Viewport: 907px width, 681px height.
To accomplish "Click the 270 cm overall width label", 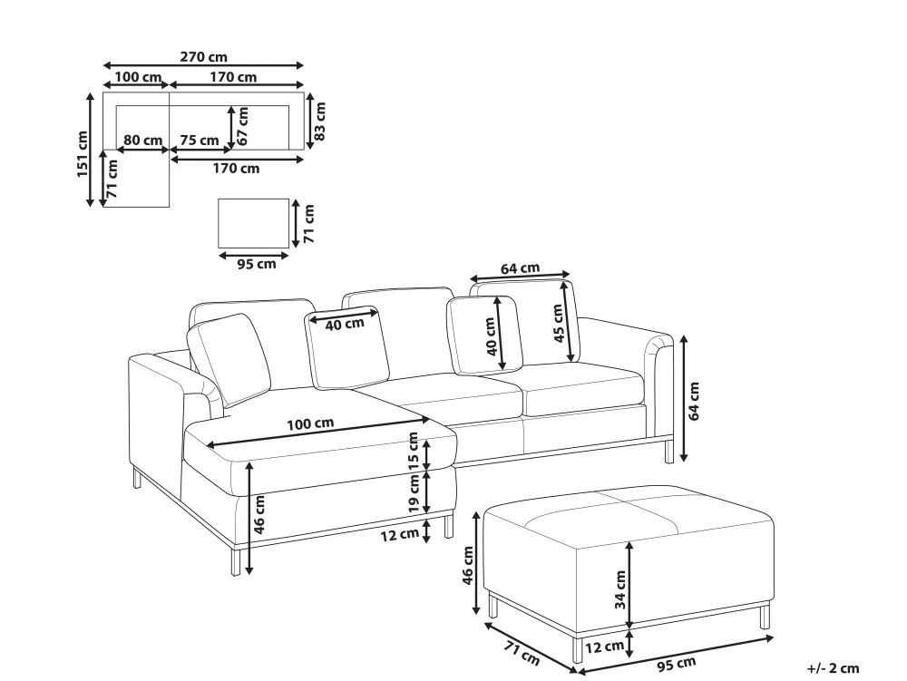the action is tap(203, 56).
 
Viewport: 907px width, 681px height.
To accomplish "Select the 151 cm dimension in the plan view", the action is tap(83, 154).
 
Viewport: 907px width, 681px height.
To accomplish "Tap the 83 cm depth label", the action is tap(320, 121).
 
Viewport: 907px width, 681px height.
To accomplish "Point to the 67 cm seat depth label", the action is tap(242, 126).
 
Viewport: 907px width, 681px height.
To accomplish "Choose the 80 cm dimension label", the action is tap(143, 140).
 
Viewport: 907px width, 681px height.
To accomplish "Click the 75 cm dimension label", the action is tap(200, 140).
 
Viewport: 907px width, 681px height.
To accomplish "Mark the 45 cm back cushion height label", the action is tap(558, 323).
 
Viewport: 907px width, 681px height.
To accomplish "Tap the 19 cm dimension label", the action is tap(413, 493).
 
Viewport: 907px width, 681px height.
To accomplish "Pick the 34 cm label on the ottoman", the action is tap(620, 589).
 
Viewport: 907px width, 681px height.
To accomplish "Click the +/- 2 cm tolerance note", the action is tap(833, 668).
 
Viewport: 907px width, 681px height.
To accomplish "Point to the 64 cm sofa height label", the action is tap(694, 401).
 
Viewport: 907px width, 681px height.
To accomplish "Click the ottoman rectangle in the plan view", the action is tap(253, 223).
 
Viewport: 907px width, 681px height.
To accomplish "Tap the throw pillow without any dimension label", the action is tap(229, 360).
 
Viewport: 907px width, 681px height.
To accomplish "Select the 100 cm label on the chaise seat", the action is tap(310, 423).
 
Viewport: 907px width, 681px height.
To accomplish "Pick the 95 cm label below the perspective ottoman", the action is tap(677, 665).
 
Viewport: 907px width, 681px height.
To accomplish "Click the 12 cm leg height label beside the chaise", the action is tap(400, 534).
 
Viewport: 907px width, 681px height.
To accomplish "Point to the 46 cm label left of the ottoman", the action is tap(468, 565).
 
